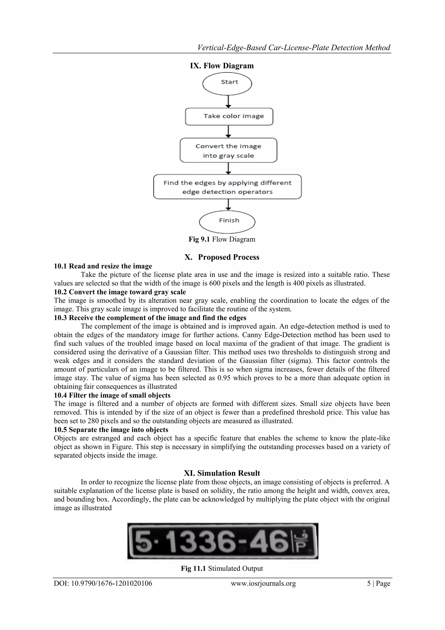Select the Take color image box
(229, 117)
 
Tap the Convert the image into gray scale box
(228, 150)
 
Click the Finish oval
(227, 222)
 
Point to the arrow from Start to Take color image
(228, 102)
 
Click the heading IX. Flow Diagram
(222, 66)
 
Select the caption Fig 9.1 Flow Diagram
(222, 239)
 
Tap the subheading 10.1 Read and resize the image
(103, 266)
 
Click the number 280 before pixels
(93, 421)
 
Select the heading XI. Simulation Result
(222, 473)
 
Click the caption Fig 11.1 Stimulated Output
(222, 568)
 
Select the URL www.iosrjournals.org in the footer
(263, 583)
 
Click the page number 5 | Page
(379, 583)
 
